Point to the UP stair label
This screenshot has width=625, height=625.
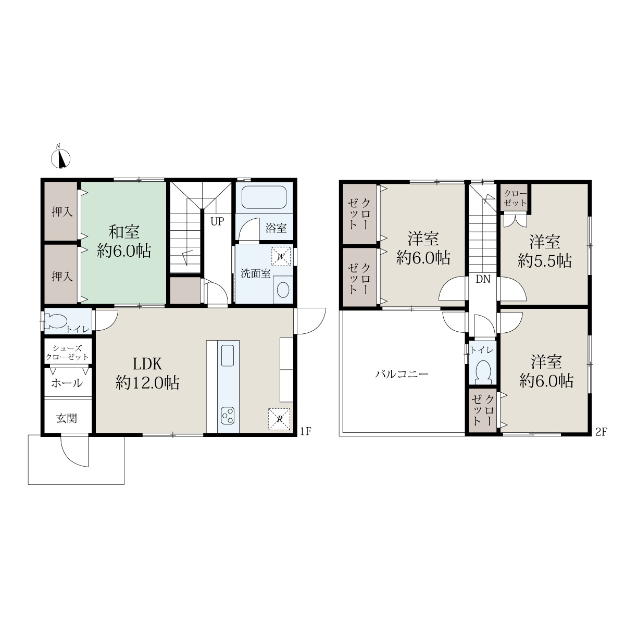[217, 221]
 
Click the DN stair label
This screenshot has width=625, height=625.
[483, 279]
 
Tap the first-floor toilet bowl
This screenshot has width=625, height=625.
[56, 321]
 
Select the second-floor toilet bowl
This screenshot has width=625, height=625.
[483, 373]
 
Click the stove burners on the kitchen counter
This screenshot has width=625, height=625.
[228, 416]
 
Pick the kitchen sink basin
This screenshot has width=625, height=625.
[228, 356]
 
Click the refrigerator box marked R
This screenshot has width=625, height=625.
[279, 419]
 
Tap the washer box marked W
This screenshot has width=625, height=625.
[281, 256]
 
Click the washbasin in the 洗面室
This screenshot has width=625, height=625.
[283, 290]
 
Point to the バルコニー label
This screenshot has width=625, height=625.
[402, 374]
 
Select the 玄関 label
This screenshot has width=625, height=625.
[67, 418]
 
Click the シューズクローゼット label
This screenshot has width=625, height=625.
[67, 353]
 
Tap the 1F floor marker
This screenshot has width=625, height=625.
[306, 431]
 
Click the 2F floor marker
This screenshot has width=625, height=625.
[601, 432]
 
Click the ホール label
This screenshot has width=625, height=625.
[67, 383]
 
